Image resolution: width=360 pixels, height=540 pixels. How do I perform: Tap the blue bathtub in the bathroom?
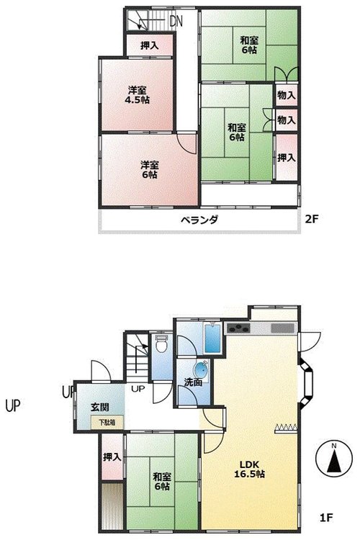point(212,338)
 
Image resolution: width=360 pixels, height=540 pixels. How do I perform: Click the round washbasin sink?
point(201,369)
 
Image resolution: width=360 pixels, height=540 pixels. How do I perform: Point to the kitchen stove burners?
point(238,328)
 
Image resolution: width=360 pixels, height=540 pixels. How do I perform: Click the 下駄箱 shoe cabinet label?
point(107,423)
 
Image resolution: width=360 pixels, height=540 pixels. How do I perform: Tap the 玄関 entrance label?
point(100,407)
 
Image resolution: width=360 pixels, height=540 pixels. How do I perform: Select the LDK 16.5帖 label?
point(249,469)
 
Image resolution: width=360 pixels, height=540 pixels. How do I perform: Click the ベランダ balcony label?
point(199,220)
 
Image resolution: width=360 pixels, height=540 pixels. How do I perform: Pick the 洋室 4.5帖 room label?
point(137,95)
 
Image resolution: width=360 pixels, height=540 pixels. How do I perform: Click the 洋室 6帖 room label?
point(150,170)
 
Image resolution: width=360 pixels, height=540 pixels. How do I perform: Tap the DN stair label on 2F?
point(176,22)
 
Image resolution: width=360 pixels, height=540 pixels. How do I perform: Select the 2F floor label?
point(311,219)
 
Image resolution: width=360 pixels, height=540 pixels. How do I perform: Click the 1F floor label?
point(326,517)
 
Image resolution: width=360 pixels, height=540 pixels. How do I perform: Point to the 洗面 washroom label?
point(192,382)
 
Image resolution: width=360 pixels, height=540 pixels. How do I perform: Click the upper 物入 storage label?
point(287,95)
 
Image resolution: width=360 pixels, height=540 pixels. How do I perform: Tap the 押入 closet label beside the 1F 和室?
point(112,457)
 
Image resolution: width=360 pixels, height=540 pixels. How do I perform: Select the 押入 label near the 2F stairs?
point(150,45)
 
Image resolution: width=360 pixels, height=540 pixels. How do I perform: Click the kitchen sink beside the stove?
point(283,328)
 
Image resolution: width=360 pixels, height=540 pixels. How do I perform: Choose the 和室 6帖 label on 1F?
point(162,482)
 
